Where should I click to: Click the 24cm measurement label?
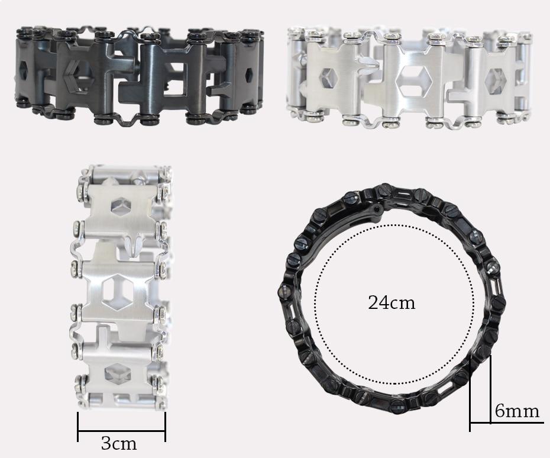(x=392, y=302)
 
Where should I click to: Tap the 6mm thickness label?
(x=517, y=411)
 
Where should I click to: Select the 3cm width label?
(x=118, y=443)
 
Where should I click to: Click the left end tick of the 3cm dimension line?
(x=78, y=427)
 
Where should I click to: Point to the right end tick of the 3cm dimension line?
(x=165, y=427)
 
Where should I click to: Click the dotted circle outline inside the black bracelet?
(x=315, y=304)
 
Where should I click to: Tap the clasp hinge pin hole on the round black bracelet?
(x=378, y=209)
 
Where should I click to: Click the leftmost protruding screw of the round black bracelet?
(x=283, y=291)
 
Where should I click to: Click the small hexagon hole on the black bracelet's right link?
(x=249, y=74)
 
